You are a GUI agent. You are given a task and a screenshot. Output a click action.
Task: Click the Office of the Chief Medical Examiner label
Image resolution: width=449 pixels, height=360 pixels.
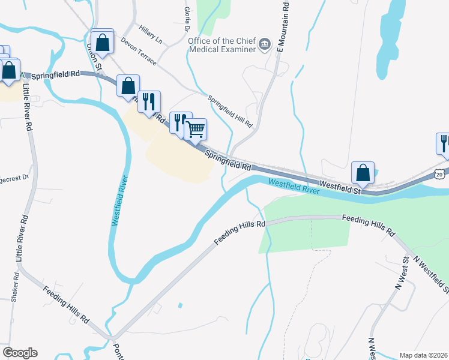point(221,45)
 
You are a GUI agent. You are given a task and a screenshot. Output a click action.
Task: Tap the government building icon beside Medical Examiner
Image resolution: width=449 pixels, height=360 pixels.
point(264,44)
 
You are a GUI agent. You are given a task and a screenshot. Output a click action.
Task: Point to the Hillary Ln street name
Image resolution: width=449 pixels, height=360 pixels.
point(150,34)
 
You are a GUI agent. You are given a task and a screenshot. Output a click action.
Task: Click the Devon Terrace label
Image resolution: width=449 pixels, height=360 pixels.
point(138,52)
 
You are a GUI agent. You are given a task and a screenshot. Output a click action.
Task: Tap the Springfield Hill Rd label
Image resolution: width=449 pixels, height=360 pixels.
point(230,111)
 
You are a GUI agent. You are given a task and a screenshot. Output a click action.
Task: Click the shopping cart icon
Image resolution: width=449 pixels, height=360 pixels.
point(196,129)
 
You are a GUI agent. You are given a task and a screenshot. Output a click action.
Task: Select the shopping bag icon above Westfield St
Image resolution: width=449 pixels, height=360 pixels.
point(363,173)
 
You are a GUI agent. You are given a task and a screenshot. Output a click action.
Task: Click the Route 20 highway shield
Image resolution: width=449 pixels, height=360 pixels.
point(441,173)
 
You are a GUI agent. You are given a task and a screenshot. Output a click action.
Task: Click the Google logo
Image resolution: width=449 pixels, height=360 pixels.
point(20,353)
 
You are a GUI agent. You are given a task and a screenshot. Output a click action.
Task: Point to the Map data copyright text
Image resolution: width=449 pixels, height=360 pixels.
point(423,355)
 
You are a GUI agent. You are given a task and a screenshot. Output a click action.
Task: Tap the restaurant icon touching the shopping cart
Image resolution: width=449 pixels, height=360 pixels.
point(179,122)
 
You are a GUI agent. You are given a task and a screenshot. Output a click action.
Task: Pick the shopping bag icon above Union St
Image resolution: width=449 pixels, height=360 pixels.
point(103,42)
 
